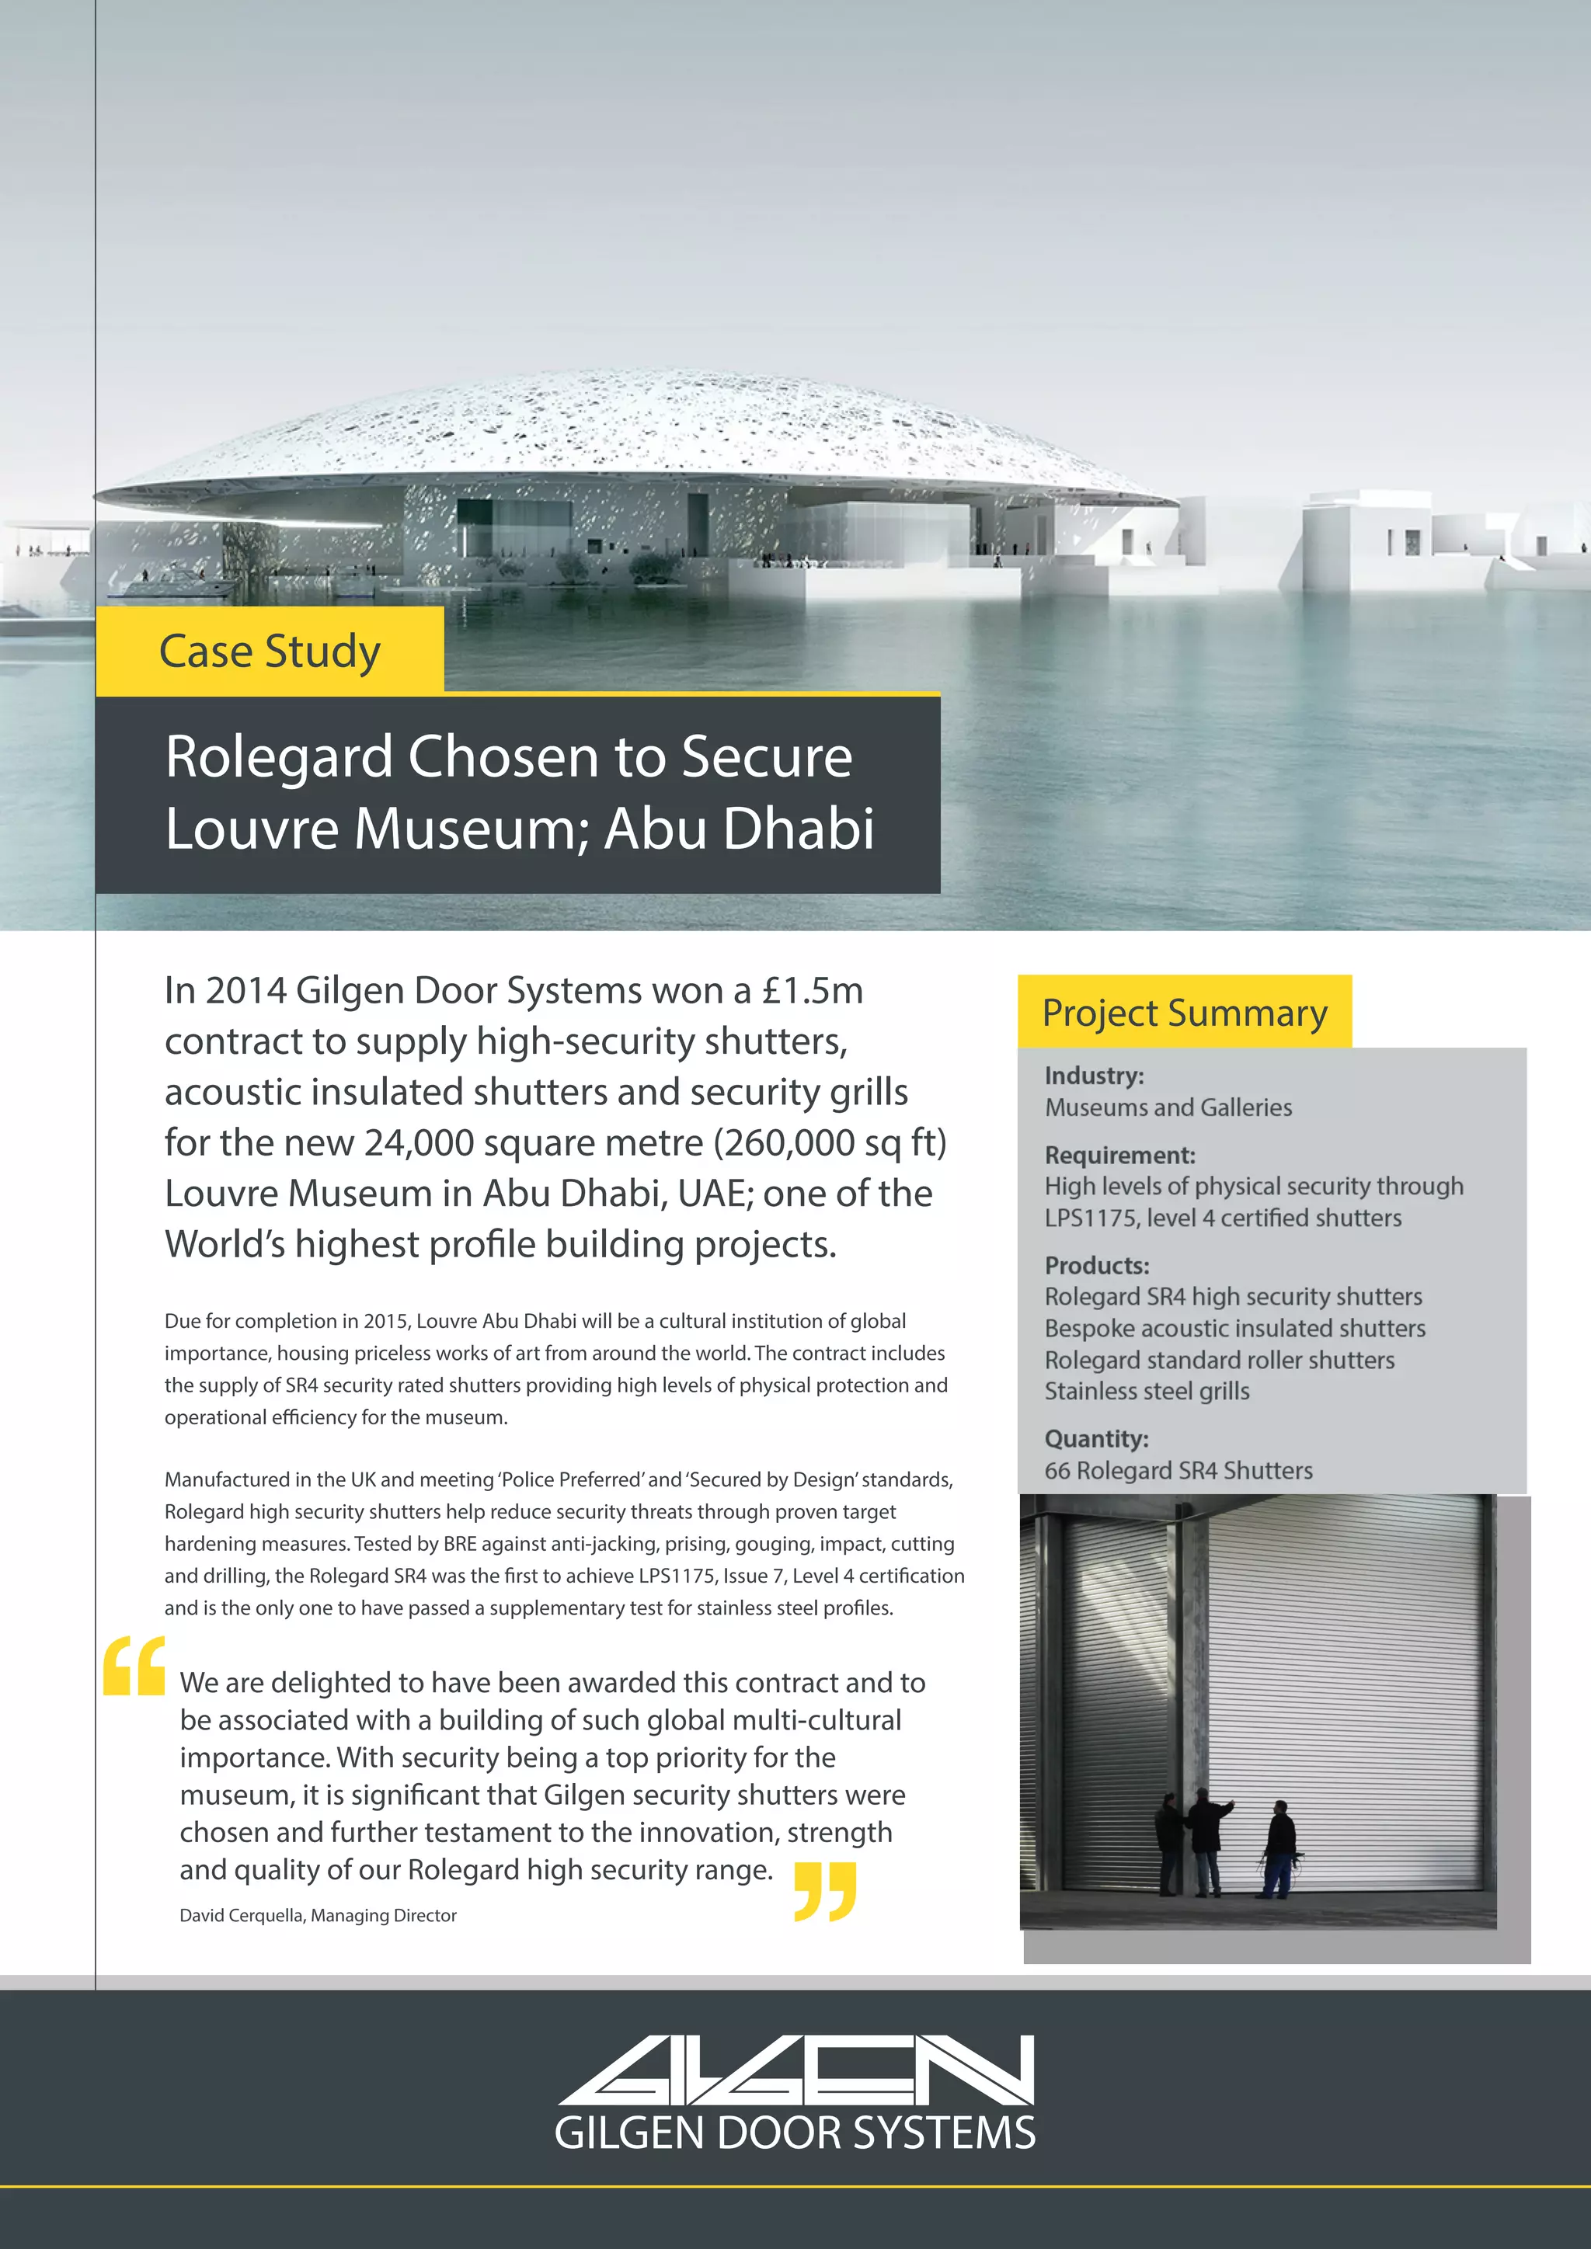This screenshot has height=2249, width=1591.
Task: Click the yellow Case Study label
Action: pos(270,652)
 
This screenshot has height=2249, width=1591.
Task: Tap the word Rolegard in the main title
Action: pos(278,757)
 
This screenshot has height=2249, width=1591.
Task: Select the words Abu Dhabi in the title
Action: pos(739,829)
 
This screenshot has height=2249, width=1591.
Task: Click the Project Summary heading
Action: pos(1185,1013)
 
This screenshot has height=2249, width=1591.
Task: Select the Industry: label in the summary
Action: pos(1093,1076)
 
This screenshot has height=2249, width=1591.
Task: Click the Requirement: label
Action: pos(1119,1155)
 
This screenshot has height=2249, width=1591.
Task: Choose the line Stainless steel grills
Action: pos(1146,1391)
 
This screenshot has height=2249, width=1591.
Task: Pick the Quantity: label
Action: pos(1096,1439)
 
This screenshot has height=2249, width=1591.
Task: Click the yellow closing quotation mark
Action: pos(825,1890)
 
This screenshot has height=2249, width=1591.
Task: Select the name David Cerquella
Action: pos(241,1915)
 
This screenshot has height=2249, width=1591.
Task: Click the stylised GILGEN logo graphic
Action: pos(795,2070)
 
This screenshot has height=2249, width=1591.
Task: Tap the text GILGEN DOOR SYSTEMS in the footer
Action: pos(795,2133)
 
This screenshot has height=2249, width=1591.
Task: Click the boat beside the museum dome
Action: pos(172,584)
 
